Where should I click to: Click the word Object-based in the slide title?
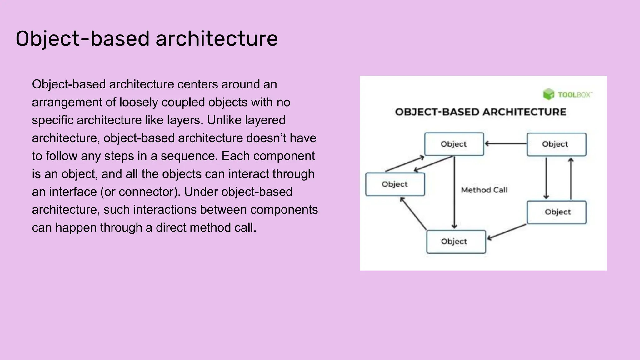(x=82, y=39)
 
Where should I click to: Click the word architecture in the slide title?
(x=217, y=39)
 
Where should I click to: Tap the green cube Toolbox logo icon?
(x=548, y=94)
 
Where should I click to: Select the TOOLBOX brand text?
(x=574, y=95)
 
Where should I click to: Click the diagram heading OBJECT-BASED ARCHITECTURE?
(x=480, y=112)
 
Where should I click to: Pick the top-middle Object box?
(x=454, y=144)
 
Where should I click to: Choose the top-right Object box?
(x=556, y=144)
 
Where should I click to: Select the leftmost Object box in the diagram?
(x=395, y=184)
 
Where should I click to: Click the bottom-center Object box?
(x=456, y=242)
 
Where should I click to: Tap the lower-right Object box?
(x=556, y=212)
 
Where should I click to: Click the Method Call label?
(x=484, y=190)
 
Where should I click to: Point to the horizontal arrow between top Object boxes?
(x=505, y=143)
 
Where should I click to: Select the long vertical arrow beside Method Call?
(x=454, y=192)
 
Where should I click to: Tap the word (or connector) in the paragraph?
(x=140, y=192)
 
